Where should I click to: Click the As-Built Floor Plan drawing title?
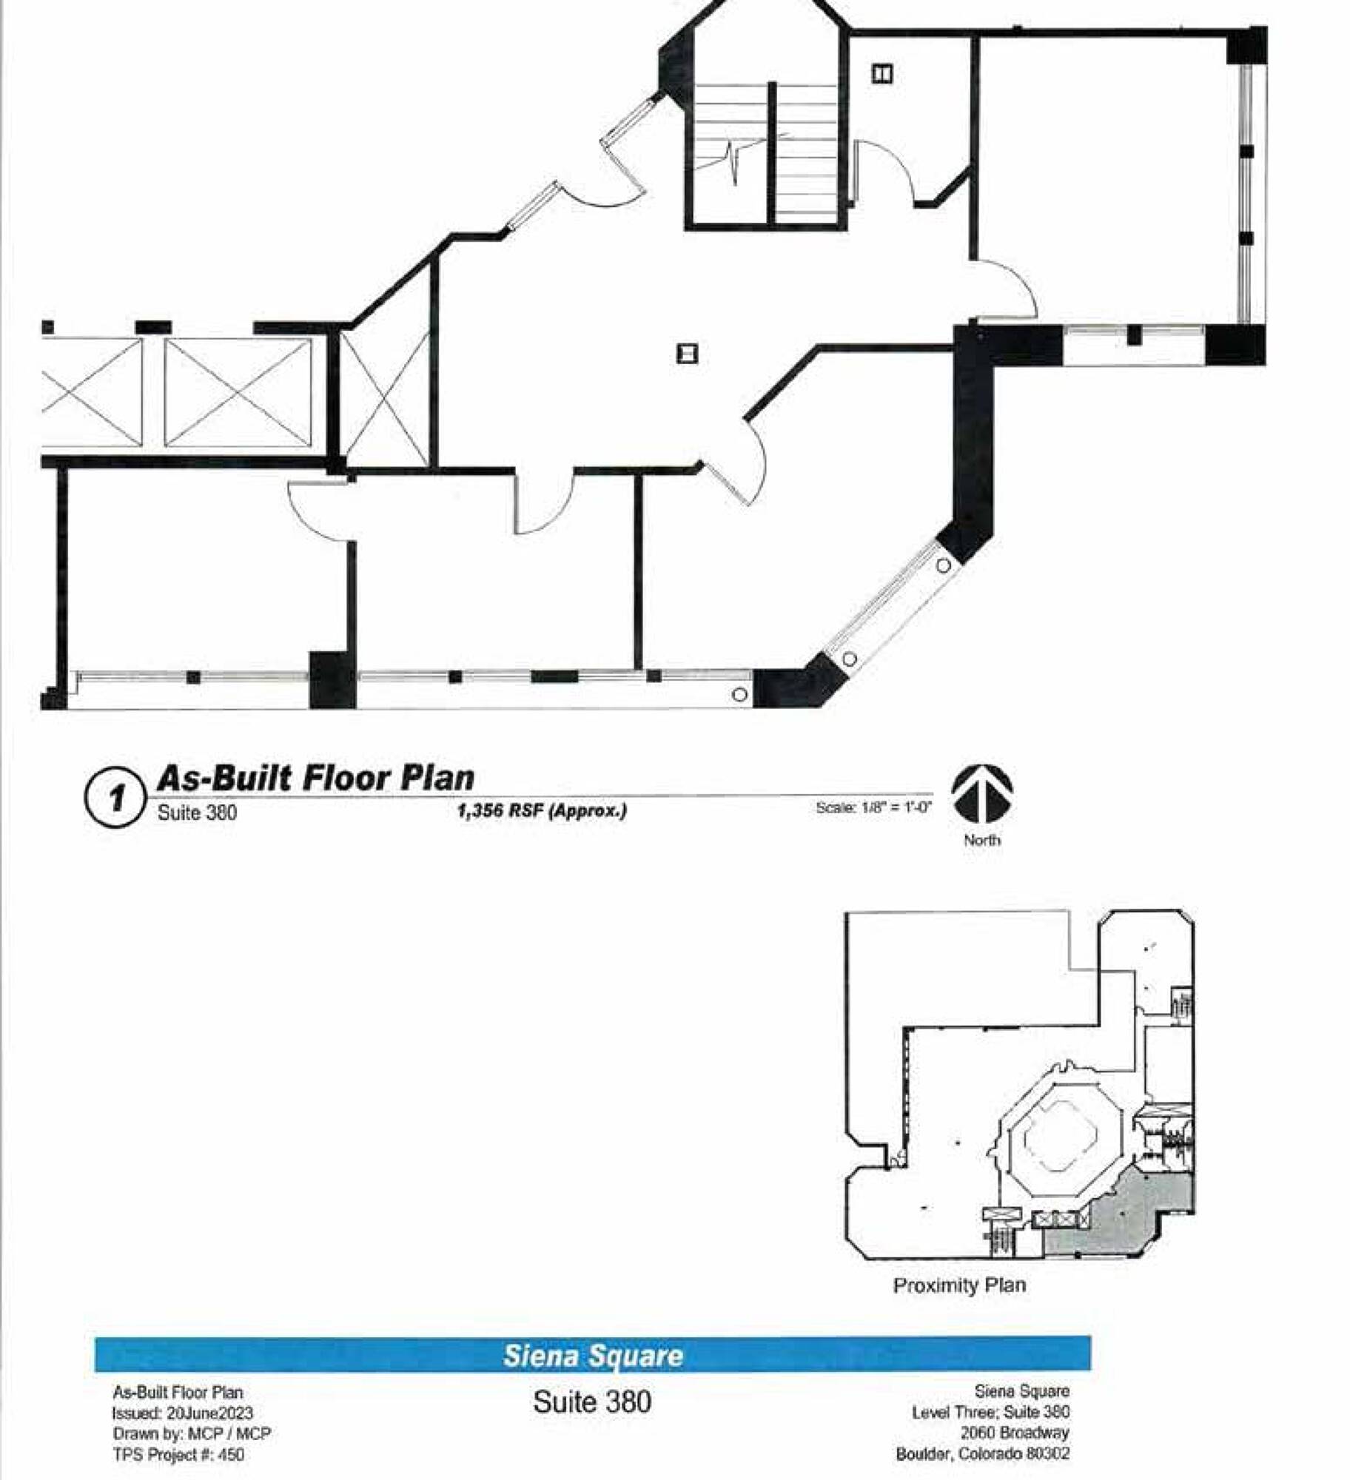pyautogui.click(x=315, y=778)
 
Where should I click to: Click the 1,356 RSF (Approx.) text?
pyautogui.click(x=542, y=811)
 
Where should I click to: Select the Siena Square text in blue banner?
pyautogui.click(x=593, y=1356)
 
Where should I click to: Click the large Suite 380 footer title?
pyautogui.click(x=592, y=1402)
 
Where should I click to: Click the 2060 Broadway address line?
pyautogui.click(x=1015, y=1433)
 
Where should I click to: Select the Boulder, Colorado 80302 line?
pyautogui.click(x=983, y=1453)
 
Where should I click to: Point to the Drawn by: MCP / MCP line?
pyautogui.click(x=192, y=1433)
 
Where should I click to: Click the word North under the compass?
pyautogui.click(x=982, y=840)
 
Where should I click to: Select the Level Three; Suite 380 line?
pyautogui.click(x=990, y=1412)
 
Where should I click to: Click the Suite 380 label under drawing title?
pyautogui.click(x=197, y=813)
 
